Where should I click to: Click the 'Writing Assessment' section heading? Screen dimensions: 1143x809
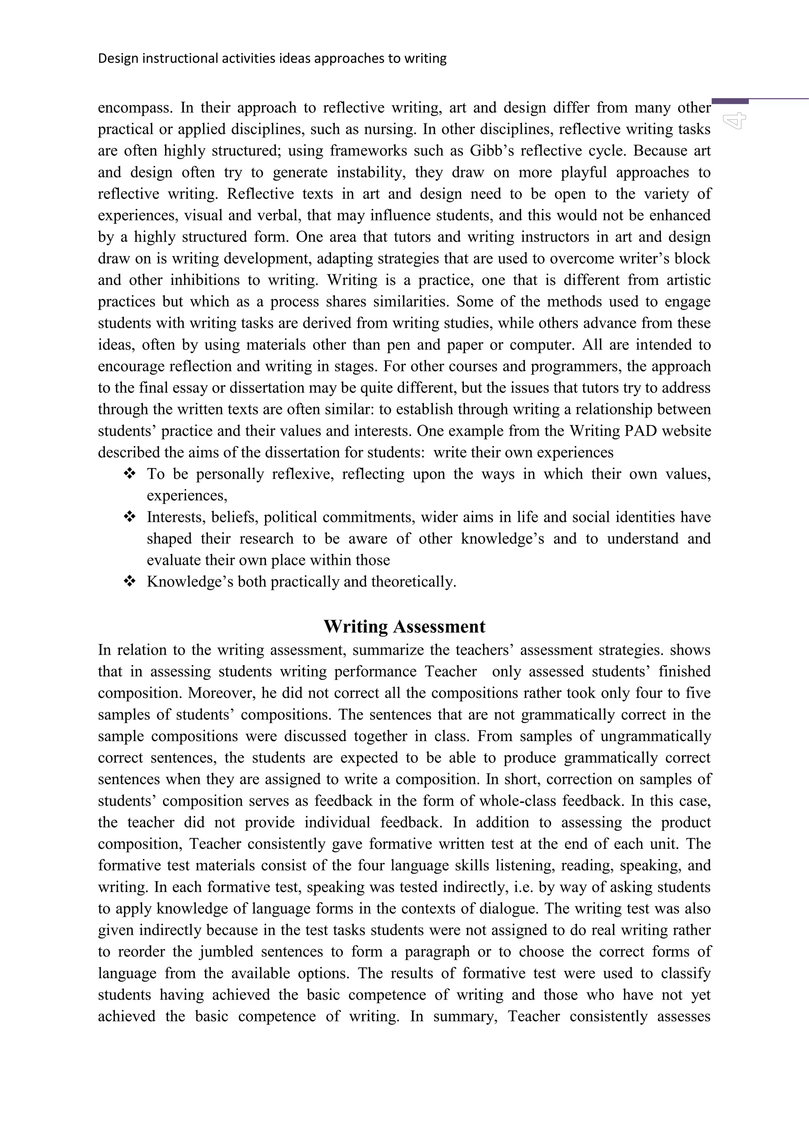(404, 626)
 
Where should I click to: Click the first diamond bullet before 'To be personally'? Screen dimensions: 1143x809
(130, 474)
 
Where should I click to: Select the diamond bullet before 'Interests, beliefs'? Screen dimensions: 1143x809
(130, 517)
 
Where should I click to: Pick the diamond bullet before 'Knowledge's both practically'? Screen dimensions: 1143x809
(130, 581)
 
